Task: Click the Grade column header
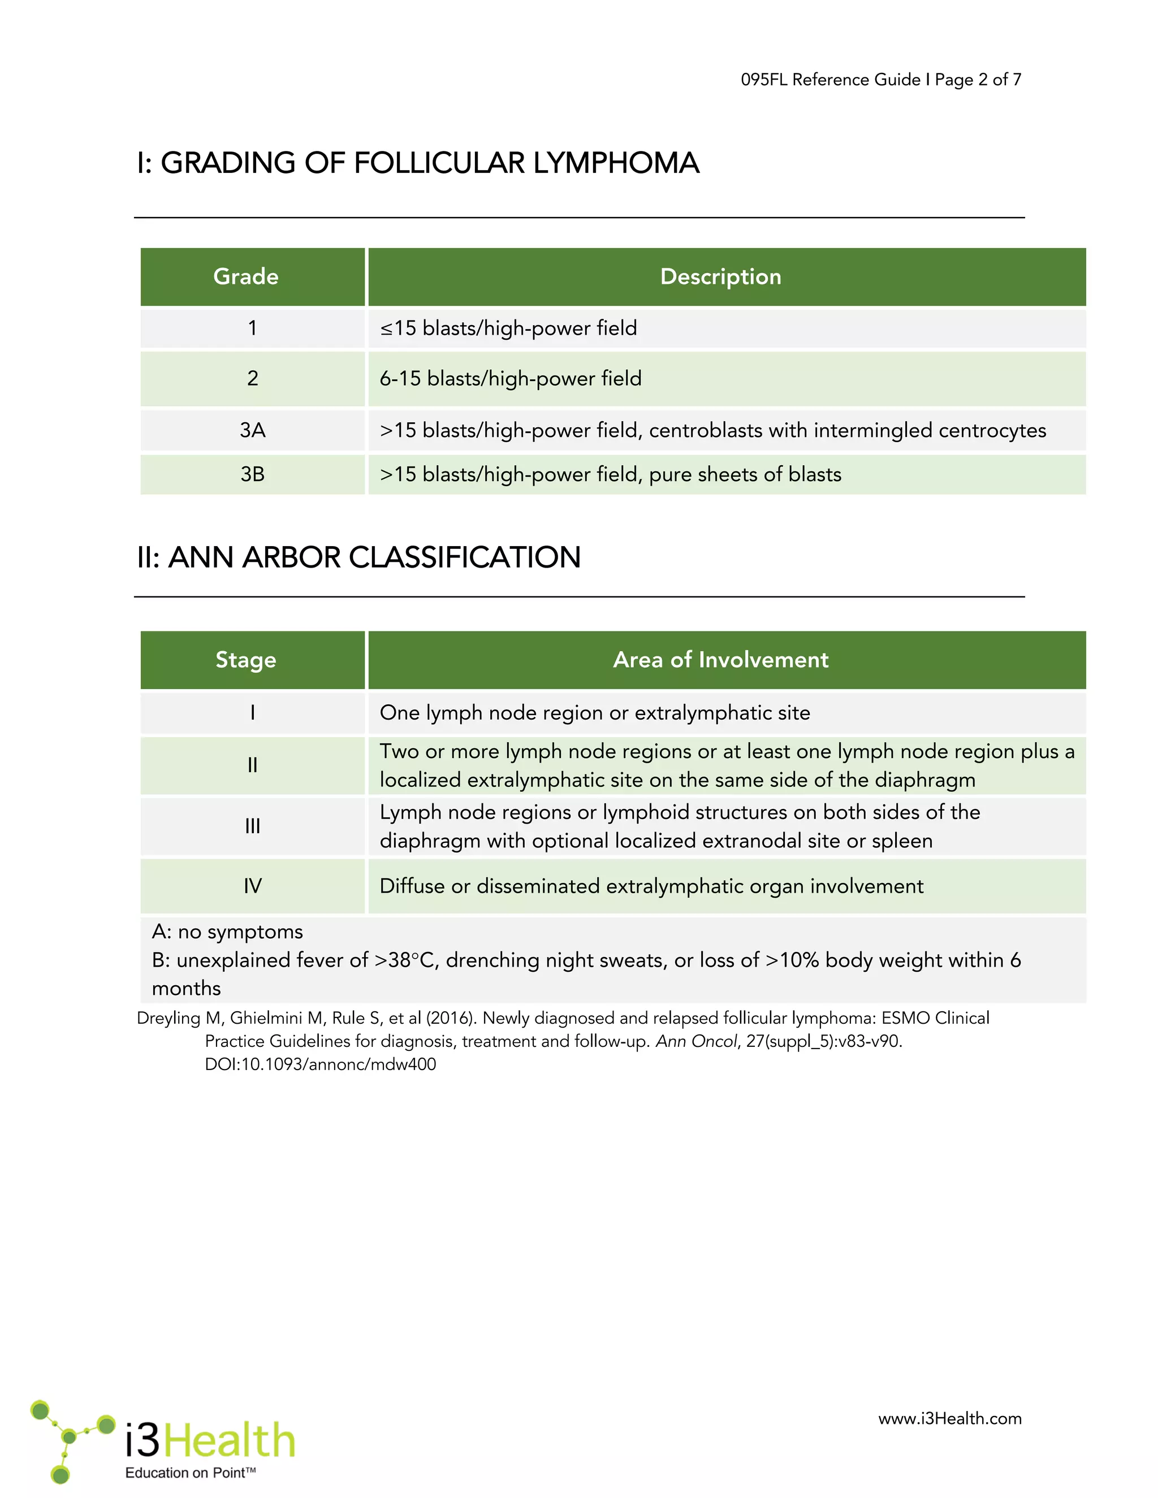(x=245, y=276)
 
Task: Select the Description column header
(x=720, y=276)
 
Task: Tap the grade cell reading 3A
(x=252, y=430)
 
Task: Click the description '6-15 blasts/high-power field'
(x=511, y=379)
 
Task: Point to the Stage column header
(x=245, y=659)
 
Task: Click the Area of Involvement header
(x=720, y=659)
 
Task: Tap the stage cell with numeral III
(x=252, y=826)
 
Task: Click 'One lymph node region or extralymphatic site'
(x=595, y=713)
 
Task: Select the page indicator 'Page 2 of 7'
(x=978, y=80)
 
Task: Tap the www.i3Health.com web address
(x=949, y=1418)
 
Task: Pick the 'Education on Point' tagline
(x=190, y=1473)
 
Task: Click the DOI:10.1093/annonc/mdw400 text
(x=321, y=1064)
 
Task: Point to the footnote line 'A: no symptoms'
(x=227, y=932)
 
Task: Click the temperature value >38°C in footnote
(x=405, y=960)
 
